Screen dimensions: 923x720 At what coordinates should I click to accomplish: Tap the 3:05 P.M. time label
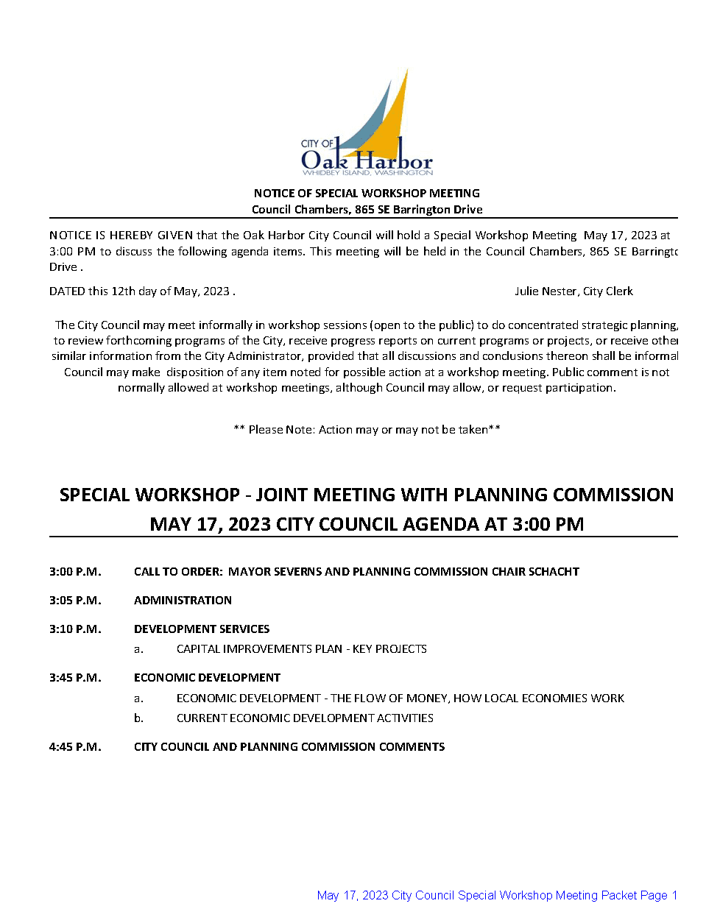point(75,601)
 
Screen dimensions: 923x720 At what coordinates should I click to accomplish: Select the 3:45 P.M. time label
point(75,678)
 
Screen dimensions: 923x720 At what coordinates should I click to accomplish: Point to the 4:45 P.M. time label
point(75,747)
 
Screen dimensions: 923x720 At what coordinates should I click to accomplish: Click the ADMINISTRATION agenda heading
point(183,601)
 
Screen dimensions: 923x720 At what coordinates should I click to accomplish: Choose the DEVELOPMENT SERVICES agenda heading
point(202,629)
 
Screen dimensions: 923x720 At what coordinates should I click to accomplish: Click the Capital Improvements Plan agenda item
point(301,649)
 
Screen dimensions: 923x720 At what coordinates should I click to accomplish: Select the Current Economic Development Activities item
point(305,718)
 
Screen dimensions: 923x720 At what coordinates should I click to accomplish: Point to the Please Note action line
point(367,430)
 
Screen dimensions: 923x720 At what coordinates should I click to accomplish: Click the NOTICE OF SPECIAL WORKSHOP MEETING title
point(367,194)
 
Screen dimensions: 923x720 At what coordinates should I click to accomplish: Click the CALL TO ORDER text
point(177,572)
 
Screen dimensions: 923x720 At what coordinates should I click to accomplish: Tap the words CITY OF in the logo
point(317,144)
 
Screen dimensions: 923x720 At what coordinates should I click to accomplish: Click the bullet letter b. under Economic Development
point(138,718)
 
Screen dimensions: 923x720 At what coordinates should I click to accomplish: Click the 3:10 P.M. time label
point(75,629)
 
